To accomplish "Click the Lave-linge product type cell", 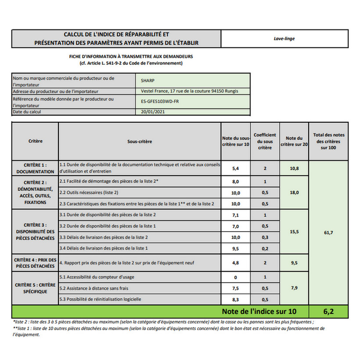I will point(284,39).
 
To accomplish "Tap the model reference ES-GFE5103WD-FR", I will point(160,102).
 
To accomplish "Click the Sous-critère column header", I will point(140,142).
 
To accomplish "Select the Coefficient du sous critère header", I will point(265,142).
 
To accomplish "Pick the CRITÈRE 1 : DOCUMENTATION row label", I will point(35,168).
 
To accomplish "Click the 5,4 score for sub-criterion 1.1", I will point(235,168).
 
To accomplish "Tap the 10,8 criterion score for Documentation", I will point(294,168).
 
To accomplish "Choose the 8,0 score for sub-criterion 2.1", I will point(235,181).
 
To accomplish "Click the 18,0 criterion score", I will point(294,192).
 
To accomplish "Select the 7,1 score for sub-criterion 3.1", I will point(235,215).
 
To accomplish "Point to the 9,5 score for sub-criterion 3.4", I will point(235,248).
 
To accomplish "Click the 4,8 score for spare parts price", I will point(235,263).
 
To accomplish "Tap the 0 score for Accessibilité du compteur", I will point(235,278).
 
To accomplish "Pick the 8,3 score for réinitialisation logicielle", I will point(235,300).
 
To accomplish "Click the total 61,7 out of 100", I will point(328,232).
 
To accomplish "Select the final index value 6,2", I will point(328,312).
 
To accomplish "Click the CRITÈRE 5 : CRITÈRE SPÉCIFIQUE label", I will point(35,288).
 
